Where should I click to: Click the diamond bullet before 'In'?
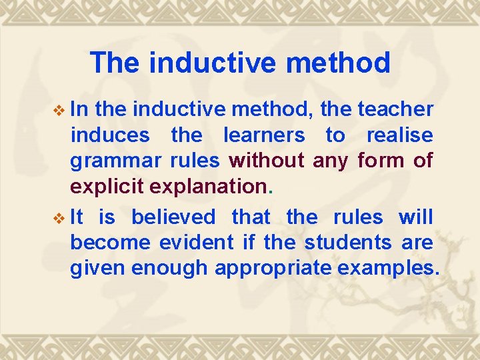tap(59, 110)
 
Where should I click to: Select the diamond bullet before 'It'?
tap(59, 218)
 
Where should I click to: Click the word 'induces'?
tap(109, 135)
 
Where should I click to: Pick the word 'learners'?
tap(263, 135)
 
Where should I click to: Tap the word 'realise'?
tap(399, 135)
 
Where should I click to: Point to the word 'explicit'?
tap(107, 187)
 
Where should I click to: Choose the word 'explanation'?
tap(208, 187)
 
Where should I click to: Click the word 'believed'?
tap(173, 217)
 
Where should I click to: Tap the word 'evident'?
tap(197, 242)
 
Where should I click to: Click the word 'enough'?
tap(170, 269)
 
